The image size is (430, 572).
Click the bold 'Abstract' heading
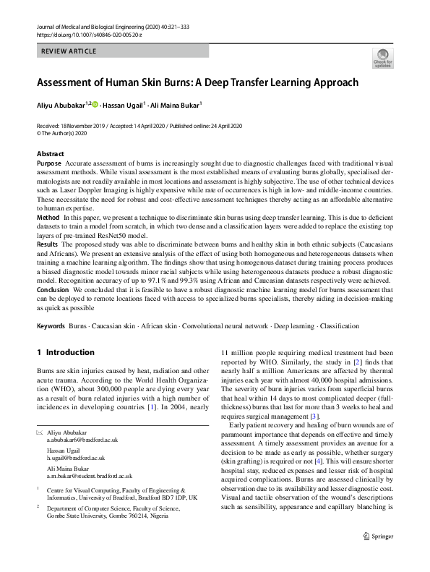[50, 154]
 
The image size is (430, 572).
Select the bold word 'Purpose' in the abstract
[49, 164]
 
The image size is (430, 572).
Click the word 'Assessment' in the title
[72, 82]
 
